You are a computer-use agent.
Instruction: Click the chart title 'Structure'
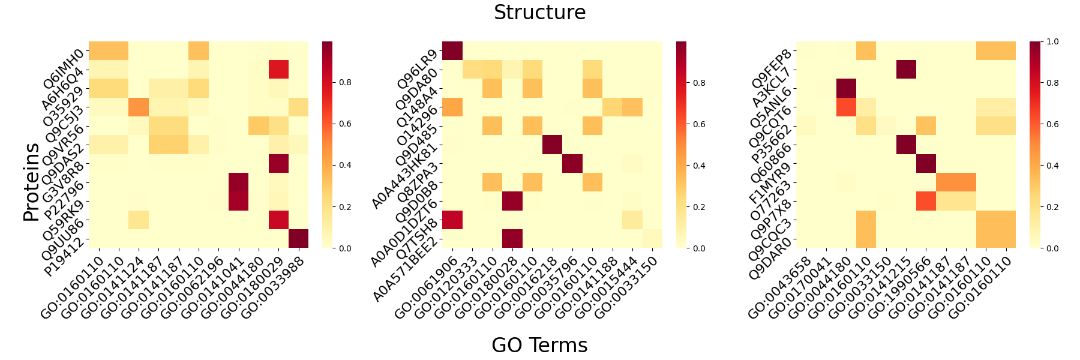[539, 13]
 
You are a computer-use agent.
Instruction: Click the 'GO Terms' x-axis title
[539, 345]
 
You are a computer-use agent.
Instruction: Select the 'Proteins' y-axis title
[31, 182]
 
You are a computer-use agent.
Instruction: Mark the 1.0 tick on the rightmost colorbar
[1052, 41]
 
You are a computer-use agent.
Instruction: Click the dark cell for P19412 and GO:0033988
[298, 238]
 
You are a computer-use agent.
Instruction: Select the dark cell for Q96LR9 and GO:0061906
[452, 50]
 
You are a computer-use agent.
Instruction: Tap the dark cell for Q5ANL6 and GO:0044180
[846, 88]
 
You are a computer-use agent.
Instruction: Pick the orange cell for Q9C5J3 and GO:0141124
[139, 107]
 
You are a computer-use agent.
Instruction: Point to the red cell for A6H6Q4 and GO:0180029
[278, 70]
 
